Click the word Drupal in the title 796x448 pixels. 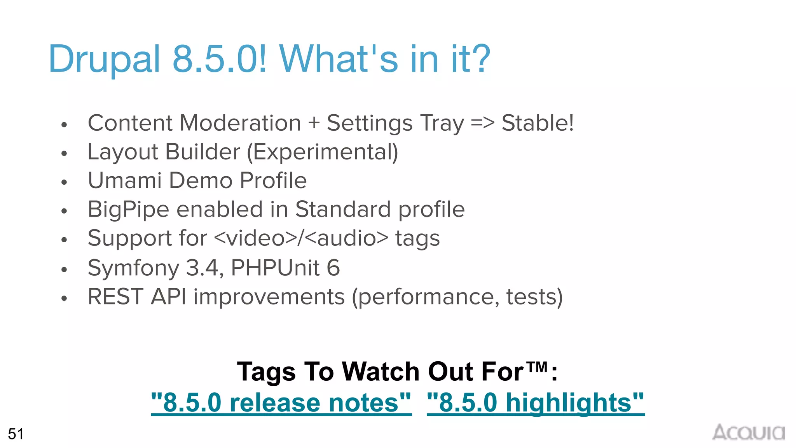tap(104, 59)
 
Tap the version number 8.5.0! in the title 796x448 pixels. tap(220, 59)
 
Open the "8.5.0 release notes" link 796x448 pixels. tap(281, 402)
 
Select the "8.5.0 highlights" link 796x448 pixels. tap(536, 402)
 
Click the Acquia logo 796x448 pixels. tap(748, 432)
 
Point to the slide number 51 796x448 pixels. tap(16, 434)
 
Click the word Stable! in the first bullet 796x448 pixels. tap(538, 123)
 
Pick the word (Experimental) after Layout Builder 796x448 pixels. tap(323, 152)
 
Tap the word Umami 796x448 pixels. tap(125, 180)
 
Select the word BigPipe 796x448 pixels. tap(128, 210)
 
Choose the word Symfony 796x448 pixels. tap(133, 268)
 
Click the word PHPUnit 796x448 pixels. tap(275, 268)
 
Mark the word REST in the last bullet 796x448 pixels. tap(115, 297)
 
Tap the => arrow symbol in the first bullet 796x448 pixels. tap(482, 123)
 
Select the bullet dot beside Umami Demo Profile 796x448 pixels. tap(64, 182)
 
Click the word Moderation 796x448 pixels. tap(240, 123)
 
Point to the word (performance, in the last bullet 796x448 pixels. tap(426, 297)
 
